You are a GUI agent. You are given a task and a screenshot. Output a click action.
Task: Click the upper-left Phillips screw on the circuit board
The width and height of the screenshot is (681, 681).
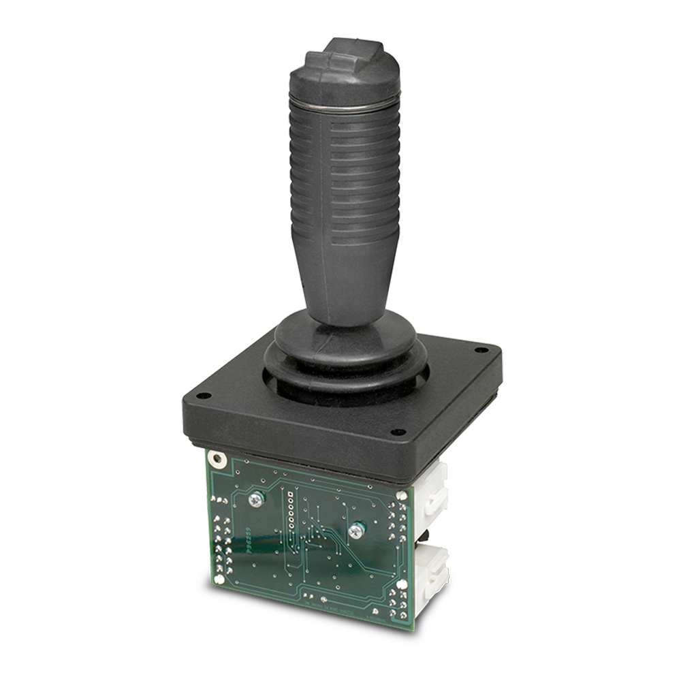pos(256,499)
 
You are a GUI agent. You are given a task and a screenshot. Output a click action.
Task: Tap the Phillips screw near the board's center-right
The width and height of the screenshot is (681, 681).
pos(355,531)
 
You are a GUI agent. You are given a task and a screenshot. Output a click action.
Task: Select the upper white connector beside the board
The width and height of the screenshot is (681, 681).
pos(433,490)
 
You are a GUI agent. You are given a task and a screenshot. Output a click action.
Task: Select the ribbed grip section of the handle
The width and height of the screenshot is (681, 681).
pos(344,177)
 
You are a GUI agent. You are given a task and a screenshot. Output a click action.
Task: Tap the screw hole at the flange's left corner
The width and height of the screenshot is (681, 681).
pos(204,396)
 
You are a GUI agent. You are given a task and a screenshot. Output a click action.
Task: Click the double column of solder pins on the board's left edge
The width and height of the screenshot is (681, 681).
pos(222,545)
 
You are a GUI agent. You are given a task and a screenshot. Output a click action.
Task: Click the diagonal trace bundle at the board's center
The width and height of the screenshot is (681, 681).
pos(334,545)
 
